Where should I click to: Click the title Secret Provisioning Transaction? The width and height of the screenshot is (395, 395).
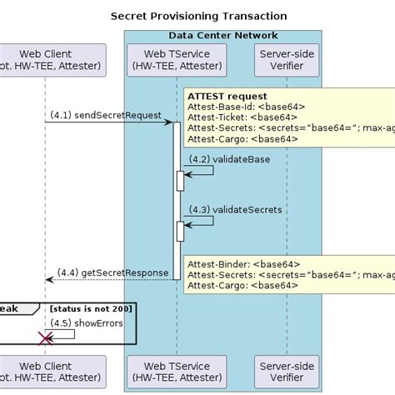tap(198, 16)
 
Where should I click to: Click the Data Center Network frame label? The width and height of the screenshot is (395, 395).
tap(222, 36)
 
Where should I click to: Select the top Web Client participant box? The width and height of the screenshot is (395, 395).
tap(52, 61)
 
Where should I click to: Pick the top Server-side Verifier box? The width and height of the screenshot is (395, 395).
tap(287, 61)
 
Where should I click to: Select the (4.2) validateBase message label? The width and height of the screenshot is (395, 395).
tap(222, 158)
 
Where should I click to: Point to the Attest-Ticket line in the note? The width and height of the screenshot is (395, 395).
tap(242, 117)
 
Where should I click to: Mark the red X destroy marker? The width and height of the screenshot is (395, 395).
tap(45, 337)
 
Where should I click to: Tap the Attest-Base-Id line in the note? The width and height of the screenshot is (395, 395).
tap(247, 106)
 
